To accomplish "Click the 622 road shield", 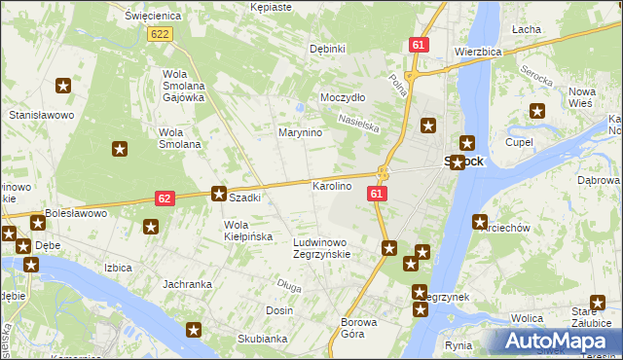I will point(161,34).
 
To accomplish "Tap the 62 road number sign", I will point(165,198).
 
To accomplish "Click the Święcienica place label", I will point(148,17).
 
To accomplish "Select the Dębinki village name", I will point(327,49).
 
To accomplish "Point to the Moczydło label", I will point(343,97).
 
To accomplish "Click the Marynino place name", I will point(300,132).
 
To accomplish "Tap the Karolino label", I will point(331,186).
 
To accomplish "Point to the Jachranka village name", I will point(188,284).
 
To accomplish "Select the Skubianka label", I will point(262,339).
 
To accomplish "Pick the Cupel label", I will point(519,142).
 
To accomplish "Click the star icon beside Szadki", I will point(220,194).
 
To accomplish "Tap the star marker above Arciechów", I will point(480,221).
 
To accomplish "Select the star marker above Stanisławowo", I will point(64,87).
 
